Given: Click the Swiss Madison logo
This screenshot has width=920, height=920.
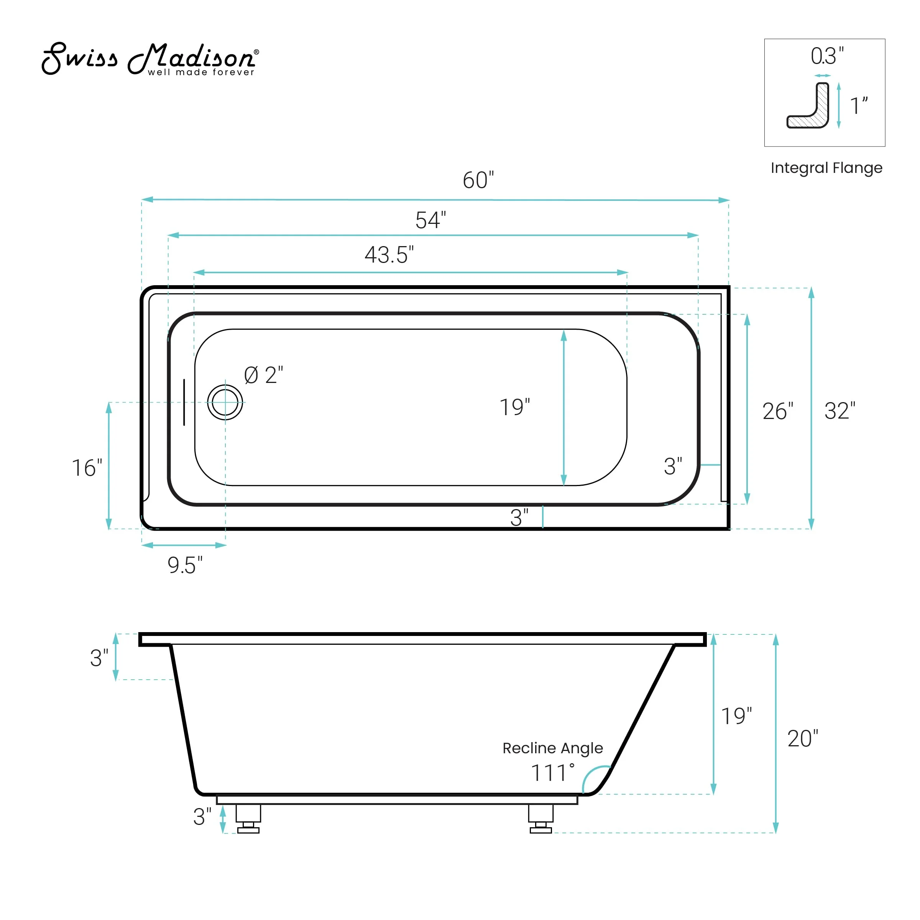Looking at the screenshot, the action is tap(150, 59).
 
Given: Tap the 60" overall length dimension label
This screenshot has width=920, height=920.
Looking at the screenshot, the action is tap(478, 180).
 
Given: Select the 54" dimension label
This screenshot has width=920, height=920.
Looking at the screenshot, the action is tap(430, 220).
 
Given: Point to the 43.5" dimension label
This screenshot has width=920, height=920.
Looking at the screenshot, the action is tap(389, 255).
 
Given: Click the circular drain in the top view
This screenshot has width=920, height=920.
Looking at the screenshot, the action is tap(225, 402).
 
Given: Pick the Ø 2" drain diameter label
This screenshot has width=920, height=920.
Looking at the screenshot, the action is tap(263, 375).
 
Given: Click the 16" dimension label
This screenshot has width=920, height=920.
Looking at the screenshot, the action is tap(87, 468).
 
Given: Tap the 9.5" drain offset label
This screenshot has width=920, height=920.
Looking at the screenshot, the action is tap(185, 565).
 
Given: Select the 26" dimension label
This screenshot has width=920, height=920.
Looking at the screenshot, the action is tap(778, 411).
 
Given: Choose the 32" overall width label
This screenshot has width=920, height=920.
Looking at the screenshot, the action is tap(839, 411).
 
